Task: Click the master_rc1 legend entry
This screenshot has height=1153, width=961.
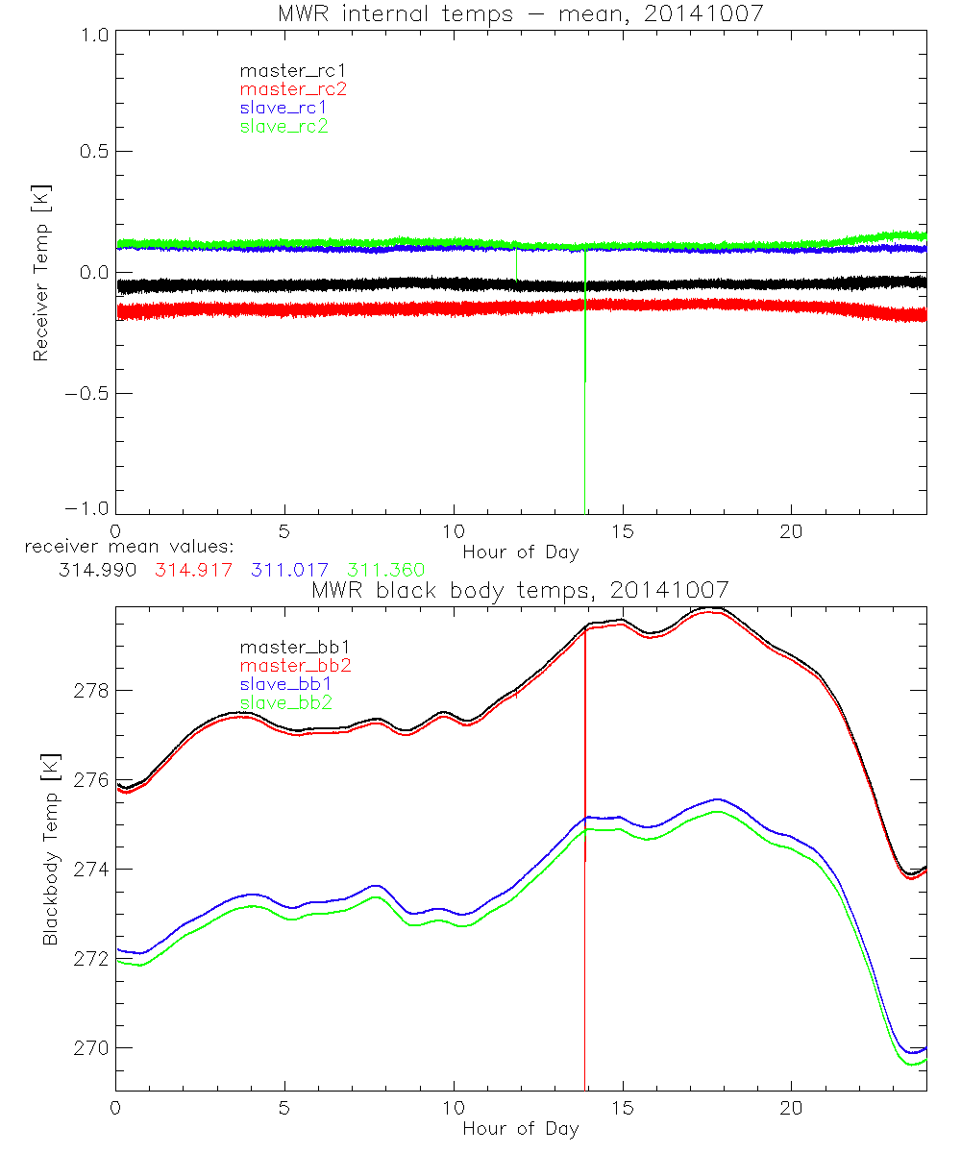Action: [x=283, y=70]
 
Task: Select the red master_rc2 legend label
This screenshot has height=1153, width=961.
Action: [x=293, y=89]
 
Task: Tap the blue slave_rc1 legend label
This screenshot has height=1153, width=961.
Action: [x=283, y=108]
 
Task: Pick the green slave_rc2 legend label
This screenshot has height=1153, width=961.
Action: [x=283, y=127]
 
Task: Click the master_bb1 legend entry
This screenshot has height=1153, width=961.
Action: [x=288, y=647]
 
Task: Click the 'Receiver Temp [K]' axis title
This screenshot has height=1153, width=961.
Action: [x=40, y=272]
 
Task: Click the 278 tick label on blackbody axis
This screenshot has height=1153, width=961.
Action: [x=91, y=691]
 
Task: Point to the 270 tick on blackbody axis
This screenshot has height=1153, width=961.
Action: [x=91, y=1047]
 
